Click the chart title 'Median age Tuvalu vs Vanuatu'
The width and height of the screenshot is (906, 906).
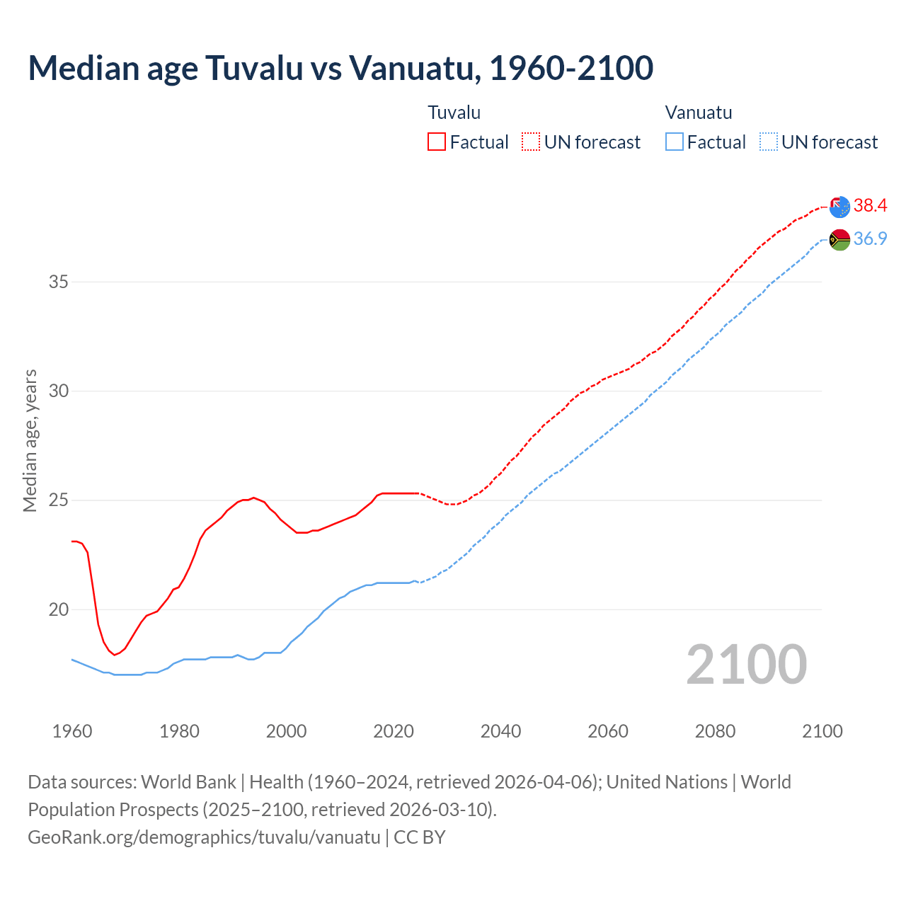[x=340, y=68]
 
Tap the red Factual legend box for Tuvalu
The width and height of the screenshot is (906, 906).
[x=437, y=142]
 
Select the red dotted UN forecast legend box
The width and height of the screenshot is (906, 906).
[x=531, y=142]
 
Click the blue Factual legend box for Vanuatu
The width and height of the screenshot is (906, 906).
[x=675, y=142]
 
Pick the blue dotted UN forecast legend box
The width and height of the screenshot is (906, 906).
[x=768, y=142]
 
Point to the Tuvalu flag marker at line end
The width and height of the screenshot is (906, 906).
[x=839, y=207]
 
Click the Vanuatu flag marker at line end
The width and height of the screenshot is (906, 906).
[x=839, y=240]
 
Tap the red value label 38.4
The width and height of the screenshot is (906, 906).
[x=870, y=205]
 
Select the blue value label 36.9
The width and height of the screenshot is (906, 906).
[x=870, y=239]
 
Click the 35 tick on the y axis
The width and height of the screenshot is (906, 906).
[x=58, y=282]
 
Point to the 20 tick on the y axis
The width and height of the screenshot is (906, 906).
[x=58, y=609]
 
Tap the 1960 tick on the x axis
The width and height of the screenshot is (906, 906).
[x=72, y=731]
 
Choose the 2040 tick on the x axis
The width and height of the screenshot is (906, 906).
[x=500, y=731]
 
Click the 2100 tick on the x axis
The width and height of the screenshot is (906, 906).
[x=822, y=731]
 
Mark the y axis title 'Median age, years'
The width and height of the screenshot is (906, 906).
[x=30, y=440]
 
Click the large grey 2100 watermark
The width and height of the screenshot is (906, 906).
[x=746, y=664]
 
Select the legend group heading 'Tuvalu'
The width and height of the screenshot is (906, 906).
[x=454, y=113]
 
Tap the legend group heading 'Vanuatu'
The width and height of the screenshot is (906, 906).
[x=698, y=113]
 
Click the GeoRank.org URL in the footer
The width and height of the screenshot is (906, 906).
[x=204, y=837]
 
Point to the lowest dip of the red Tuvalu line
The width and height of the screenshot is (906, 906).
[x=114, y=655]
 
